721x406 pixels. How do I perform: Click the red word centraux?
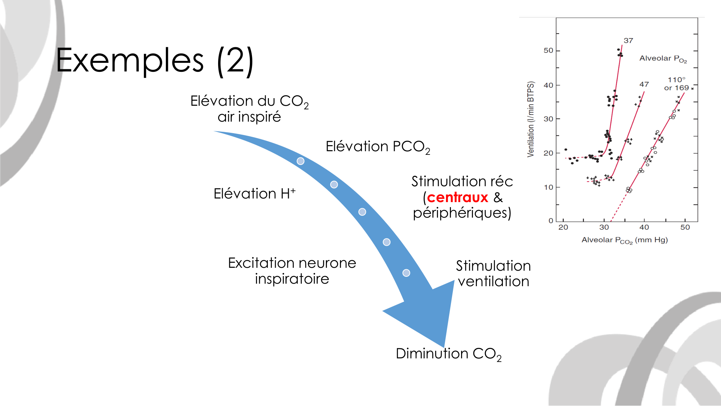pos(457,197)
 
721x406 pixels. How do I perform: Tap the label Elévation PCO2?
pos(377,147)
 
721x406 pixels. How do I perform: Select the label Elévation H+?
pos(255,194)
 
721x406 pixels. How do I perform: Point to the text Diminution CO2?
pos(448,354)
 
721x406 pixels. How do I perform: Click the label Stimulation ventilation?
pos(493,274)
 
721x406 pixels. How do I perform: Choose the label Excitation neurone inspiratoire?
pos(292,271)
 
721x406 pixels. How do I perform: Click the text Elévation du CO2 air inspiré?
pos(249,109)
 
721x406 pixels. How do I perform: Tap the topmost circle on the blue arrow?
pos(300,161)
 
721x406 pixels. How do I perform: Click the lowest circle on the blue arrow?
pos(406,273)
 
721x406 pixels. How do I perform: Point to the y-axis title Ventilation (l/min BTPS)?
pos(530,119)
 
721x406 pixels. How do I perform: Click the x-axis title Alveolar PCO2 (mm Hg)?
pos(624,240)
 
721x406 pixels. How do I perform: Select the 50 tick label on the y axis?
pos(548,51)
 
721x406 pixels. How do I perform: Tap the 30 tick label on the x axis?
pos(604,227)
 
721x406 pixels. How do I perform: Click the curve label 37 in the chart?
pos(628,41)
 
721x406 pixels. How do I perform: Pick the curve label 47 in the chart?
pos(644,84)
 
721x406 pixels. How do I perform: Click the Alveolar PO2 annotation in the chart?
pos(663,58)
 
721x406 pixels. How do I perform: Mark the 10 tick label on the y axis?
pos(548,187)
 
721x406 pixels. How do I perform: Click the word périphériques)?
pos(462,213)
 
